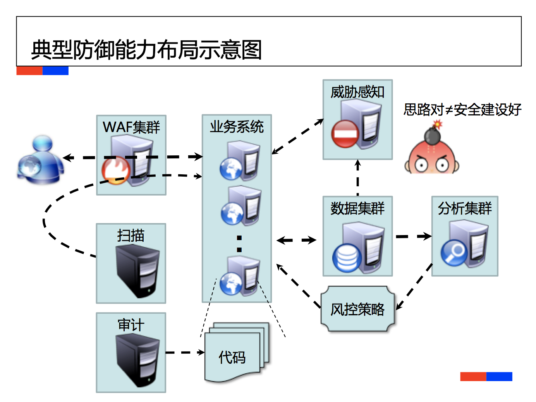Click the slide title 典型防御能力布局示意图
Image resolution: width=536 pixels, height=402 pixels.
146,50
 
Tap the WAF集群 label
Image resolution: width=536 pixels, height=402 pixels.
131,127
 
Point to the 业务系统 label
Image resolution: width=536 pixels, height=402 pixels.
237,127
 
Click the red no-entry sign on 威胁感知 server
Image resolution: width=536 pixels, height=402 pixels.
345,134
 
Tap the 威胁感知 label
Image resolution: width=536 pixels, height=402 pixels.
357,92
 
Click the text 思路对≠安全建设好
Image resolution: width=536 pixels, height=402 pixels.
462,110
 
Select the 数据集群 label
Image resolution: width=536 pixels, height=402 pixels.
357,208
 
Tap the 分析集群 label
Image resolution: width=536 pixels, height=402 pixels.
465,208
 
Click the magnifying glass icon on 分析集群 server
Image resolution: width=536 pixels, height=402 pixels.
454,253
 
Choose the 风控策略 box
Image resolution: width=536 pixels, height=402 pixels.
357,309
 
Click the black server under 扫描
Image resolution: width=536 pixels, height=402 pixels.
137,271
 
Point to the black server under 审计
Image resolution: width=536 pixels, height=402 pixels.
137,360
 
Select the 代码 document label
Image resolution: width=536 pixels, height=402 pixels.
232,357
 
